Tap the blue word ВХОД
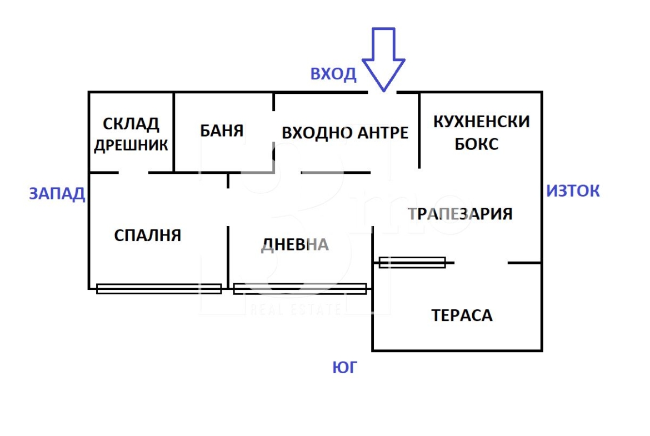click(333, 74)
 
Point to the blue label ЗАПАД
click(57, 193)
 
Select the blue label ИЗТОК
click(573, 191)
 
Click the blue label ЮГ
click(344, 367)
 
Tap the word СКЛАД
click(131, 123)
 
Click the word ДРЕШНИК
click(131, 145)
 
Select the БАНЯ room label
click(222, 131)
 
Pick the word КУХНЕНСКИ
click(481, 122)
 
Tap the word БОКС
click(477, 144)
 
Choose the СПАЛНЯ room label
click(148, 235)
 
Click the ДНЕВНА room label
click(295, 245)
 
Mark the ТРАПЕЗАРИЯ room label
click(460, 214)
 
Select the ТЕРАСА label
click(462, 316)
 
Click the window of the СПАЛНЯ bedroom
click(159, 289)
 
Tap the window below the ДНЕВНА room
click(299, 289)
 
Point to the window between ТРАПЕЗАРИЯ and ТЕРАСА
click(412, 262)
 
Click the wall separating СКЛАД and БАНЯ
click(174, 132)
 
